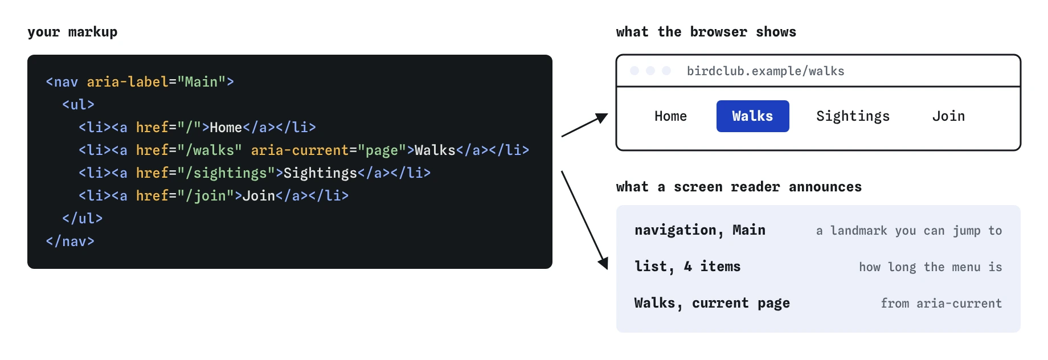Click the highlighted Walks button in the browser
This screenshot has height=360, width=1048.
point(752,116)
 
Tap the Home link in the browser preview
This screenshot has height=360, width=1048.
point(670,116)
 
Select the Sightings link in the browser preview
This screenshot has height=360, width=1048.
point(853,116)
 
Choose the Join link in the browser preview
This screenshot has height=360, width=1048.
point(948,116)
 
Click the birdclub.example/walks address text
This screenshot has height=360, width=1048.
point(765,71)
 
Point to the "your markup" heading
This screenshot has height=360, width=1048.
point(72,32)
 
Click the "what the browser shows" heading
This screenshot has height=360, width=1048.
point(706,32)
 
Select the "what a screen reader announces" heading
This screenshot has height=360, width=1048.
point(739,187)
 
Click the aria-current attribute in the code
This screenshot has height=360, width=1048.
point(300,150)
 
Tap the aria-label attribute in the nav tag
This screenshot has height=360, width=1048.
point(128,82)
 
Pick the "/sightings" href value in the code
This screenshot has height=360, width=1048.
point(226,173)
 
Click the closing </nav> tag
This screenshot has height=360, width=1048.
point(70,242)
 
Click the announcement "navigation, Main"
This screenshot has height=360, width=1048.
point(700,230)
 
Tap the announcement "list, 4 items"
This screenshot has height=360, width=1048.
point(687,267)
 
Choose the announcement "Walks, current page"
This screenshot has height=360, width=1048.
point(712,303)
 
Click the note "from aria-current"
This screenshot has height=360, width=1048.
point(941,304)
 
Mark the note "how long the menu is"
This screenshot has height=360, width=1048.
point(931,267)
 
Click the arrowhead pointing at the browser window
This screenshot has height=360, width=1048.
point(603,117)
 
